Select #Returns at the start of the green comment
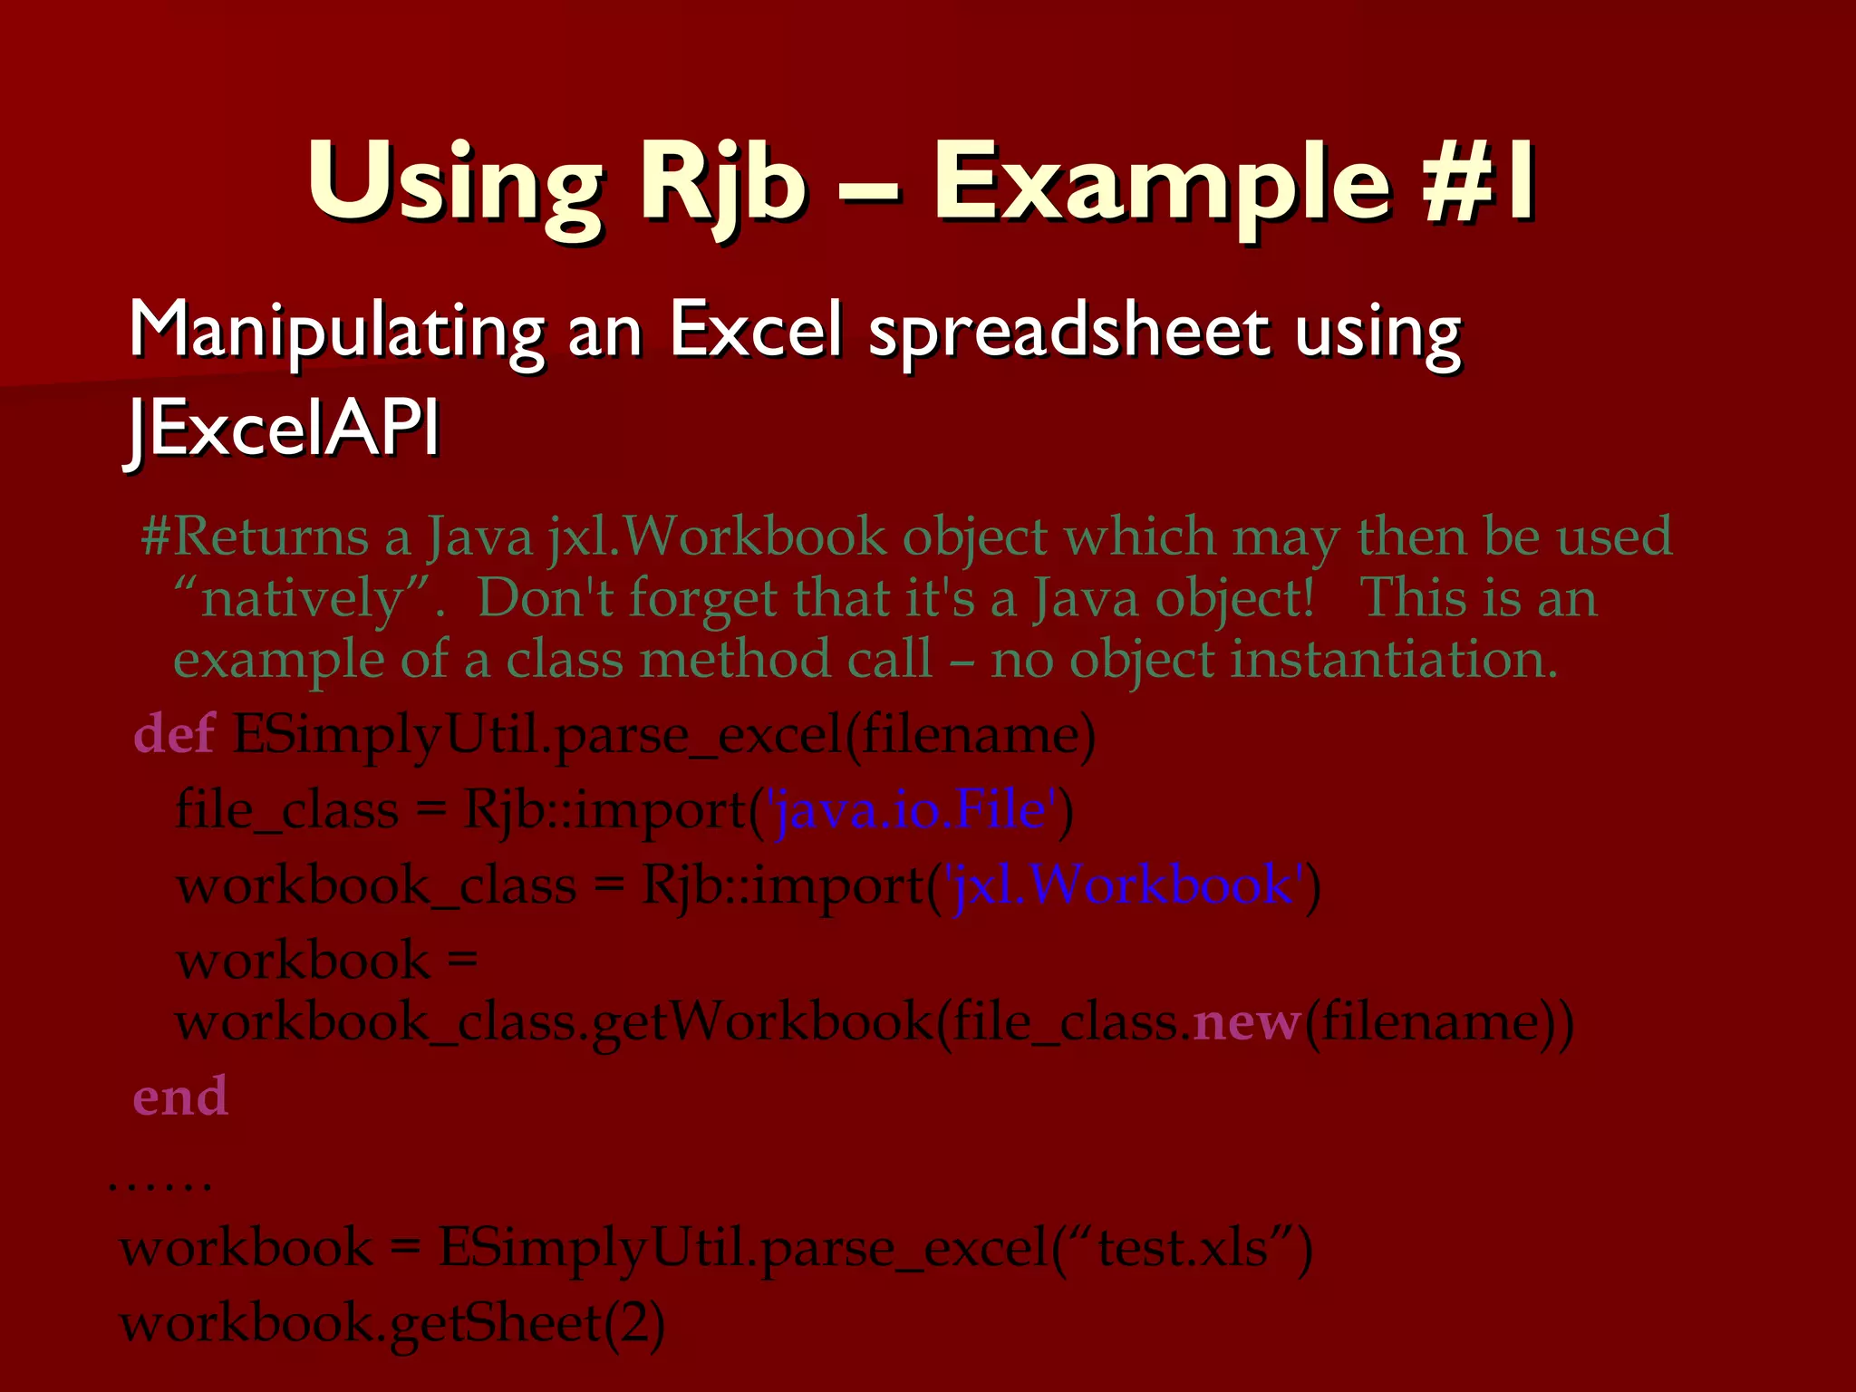255,536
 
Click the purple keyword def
174,733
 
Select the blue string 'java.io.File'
913,808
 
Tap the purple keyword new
1247,1021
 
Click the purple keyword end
180,1096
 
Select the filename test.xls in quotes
1183,1248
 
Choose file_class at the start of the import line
286,808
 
